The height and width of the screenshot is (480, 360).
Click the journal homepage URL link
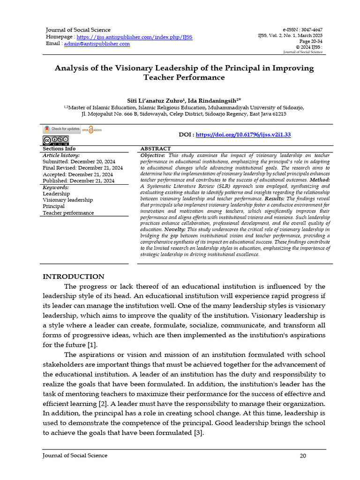134,37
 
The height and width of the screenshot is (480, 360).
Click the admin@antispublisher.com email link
97,44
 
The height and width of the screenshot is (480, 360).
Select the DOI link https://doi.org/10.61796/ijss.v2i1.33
243,135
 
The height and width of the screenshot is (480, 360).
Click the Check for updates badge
62,129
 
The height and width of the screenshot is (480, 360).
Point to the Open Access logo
91,130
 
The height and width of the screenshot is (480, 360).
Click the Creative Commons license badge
56,140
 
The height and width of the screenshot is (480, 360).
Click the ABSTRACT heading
156,149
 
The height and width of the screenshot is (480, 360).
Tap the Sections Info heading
59,149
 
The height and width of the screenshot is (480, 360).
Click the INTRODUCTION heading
74,277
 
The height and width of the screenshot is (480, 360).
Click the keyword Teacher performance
68,213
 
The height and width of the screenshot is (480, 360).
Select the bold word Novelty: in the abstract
173,230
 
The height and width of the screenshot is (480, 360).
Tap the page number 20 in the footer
303,456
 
